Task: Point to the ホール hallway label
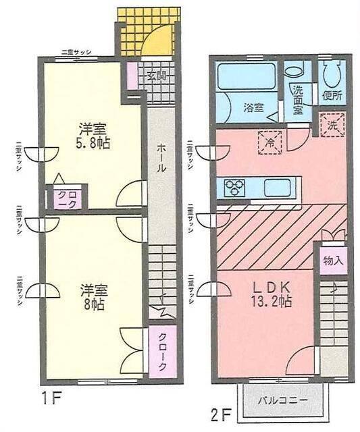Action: pyautogui.click(x=161, y=159)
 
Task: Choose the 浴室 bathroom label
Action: pyautogui.click(x=253, y=107)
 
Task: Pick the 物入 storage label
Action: pyautogui.click(x=332, y=260)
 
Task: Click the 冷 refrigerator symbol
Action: pyautogui.click(x=269, y=142)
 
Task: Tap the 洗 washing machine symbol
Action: pyautogui.click(x=332, y=125)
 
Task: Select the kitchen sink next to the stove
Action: pyautogui.click(x=277, y=187)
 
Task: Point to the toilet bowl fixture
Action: pyautogui.click(x=331, y=74)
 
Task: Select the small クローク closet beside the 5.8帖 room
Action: pyautogui.click(x=66, y=199)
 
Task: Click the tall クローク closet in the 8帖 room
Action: pyautogui.click(x=161, y=352)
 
